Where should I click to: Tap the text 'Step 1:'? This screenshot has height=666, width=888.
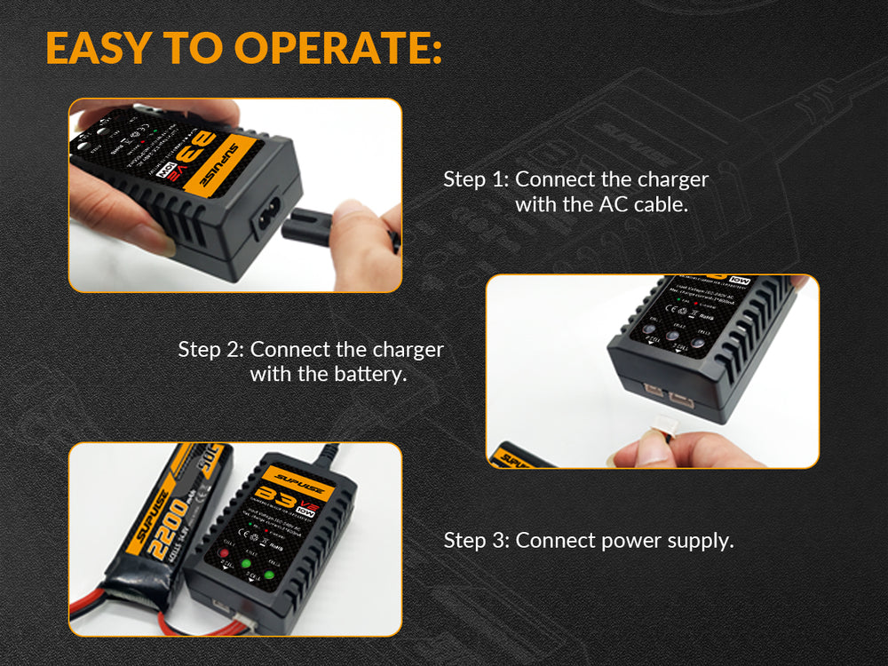click(x=476, y=178)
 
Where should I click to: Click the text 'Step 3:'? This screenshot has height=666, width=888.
click(x=476, y=540)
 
